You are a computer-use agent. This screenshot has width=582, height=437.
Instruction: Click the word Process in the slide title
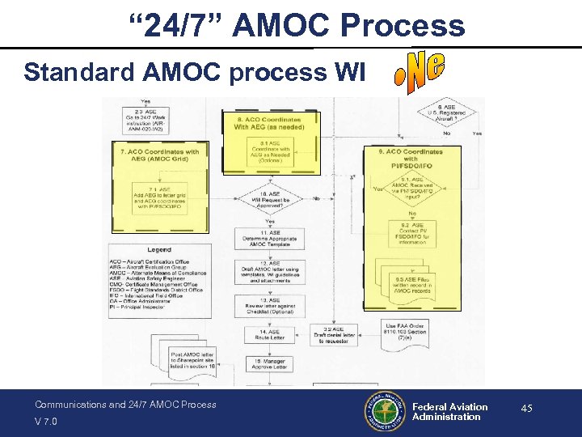tap(403, 25)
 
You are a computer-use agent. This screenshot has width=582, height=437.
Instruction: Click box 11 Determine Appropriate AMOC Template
tap(269, 237)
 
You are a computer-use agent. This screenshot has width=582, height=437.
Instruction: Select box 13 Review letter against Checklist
tap(269, 307)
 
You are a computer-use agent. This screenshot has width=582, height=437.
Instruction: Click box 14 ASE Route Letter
tap(269, 335)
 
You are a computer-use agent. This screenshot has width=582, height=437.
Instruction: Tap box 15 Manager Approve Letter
tap(269, 366)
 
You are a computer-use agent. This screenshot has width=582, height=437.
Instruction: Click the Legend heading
tap(158, 250)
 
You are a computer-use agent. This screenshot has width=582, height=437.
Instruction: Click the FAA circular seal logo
tap(385, 412)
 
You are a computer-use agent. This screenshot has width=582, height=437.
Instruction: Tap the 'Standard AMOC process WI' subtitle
tap(194, 72)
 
